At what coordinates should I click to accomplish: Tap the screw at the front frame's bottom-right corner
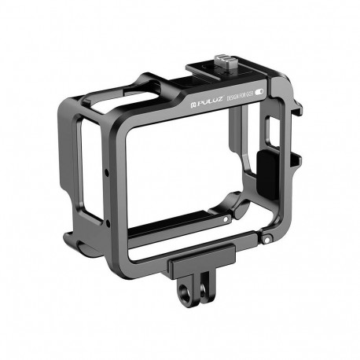click(x=267, y=237)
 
